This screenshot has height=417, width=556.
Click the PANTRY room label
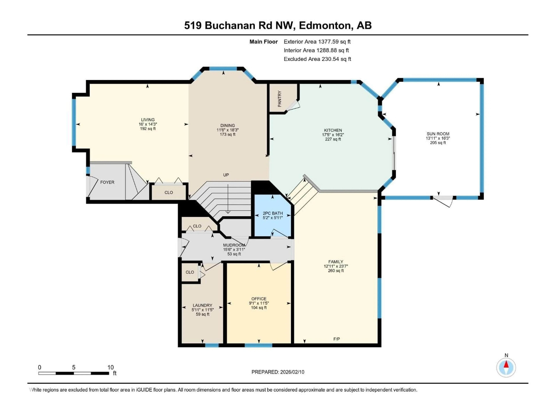tap(279, 99)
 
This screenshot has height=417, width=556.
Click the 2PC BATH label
tap(273, 213)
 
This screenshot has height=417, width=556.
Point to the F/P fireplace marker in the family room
tap(336, 339)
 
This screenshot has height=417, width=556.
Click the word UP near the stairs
tap(226, 175)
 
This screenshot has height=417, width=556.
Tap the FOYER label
tap(107, 182)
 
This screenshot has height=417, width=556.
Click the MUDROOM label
tap(234, 245)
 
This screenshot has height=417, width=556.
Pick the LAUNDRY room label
tap(202, 305)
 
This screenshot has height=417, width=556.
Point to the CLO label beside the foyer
tap(169, 193)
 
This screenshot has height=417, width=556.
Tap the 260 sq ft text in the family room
tap(336, 271)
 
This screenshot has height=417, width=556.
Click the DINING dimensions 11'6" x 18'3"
tap(227, 130)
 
